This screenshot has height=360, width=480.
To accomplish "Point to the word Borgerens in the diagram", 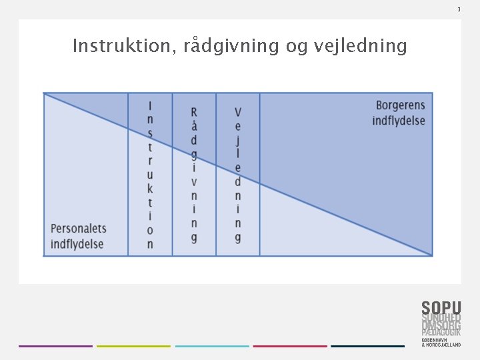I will pyautogui.click(x=400, y=105).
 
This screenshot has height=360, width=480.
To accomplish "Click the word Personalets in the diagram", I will pyautogui.click(x=79, y=229).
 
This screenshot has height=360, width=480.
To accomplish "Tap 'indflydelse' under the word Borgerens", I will pyautogui.click(x=399, y=121).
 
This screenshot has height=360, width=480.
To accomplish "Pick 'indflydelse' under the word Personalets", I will pyautogui.click(x=77, y=244).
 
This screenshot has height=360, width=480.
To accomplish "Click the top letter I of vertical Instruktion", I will pyautogui.click(x=150, y=105).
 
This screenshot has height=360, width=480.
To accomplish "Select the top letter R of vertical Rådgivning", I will pyautogui.click(x=194, y=111).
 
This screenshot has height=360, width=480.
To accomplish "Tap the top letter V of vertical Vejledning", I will pyautogui.click(x=238, y=111).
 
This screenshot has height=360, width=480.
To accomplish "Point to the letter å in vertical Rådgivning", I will pyautogui.click(x=194, y=125).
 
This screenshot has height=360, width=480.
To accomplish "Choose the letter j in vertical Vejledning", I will pyautogui.click(x=238, y=139).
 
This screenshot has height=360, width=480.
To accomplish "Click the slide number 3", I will pyautogui.click(x=459, y=9).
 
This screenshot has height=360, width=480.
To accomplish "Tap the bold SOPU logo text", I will pyautogui.click(x=441, y=308).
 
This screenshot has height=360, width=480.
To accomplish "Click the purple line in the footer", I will pyautogui.click(x=55, y=346).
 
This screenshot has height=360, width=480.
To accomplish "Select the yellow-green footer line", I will pyautogui.click(x=133, y=346).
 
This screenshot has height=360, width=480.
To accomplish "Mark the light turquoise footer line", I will pyautogui.click(x=212, y=346).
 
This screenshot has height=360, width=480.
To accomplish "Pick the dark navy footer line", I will pyautogui.click(x=367, y=346).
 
